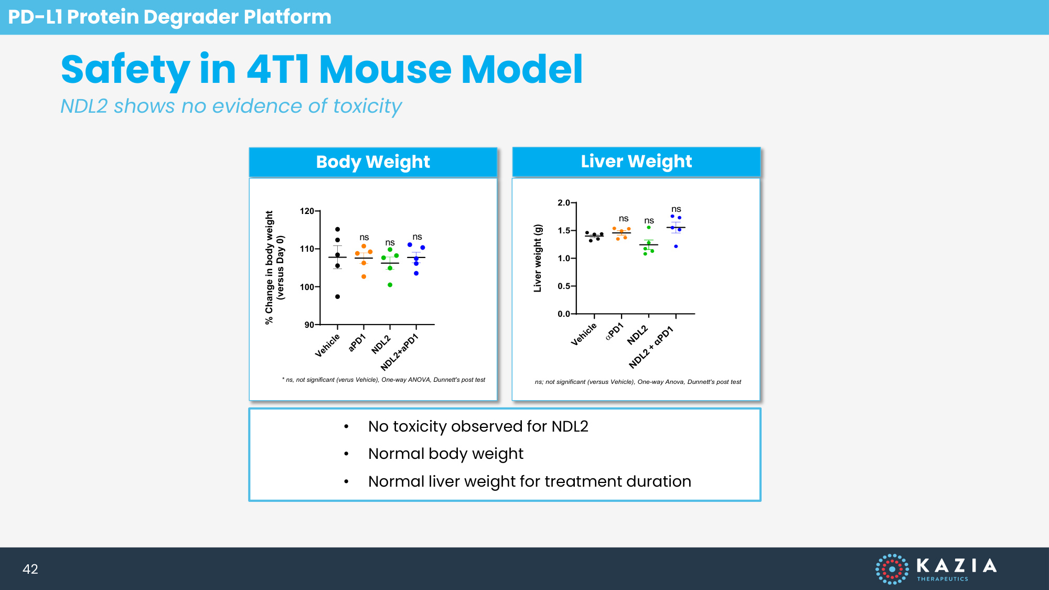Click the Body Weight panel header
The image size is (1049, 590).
pos(373,162)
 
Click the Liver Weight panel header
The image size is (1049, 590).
pos(636,162)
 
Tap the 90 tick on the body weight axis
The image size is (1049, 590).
pos(309,325)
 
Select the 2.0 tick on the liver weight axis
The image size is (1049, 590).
pos(564,203)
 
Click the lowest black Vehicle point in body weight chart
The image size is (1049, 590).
pos(338,297)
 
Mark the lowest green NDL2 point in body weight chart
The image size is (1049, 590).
pos(390,285)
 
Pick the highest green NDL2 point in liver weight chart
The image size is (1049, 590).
pos(649,228)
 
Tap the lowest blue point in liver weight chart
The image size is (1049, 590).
pos(676,246)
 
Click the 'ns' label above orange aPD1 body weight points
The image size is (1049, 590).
pos(364,238)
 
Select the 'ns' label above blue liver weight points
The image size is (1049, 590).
pos(676,209)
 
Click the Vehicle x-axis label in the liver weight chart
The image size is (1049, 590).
pos(584,335)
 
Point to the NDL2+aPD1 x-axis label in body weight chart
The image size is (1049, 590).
pos(400,352)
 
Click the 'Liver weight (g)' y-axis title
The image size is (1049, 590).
pos(538,258)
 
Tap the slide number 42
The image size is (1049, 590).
pos(30,569)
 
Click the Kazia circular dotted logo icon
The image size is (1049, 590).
pos(892,569)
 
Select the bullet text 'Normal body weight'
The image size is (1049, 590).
pos(446,454)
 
